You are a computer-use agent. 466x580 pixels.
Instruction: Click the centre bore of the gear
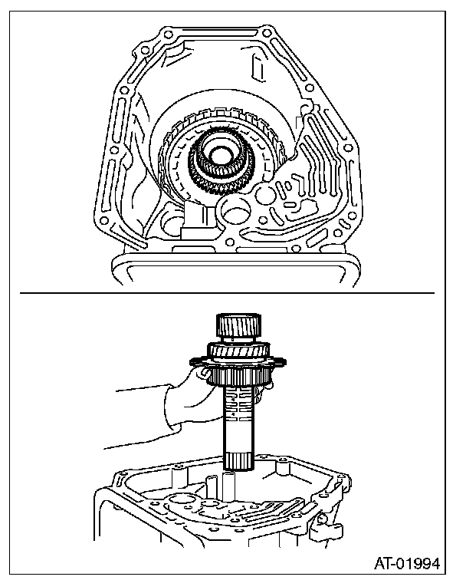(222, 161)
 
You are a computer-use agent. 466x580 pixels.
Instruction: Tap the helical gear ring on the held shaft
(239, 351)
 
